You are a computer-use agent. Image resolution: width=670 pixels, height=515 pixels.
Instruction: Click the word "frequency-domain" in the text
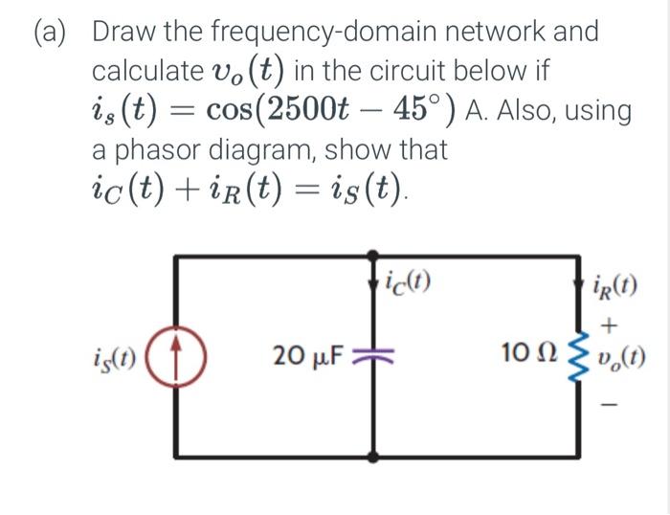[337, 31]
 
